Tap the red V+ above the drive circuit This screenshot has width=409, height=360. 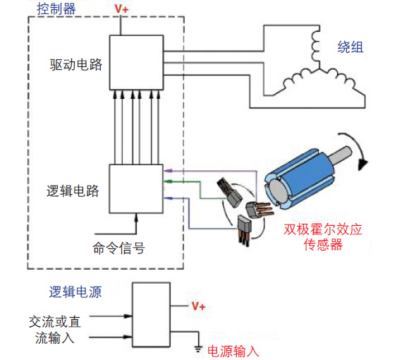click(122, 10)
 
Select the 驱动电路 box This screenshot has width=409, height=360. click(135, 61)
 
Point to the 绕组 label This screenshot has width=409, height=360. click(350, 47)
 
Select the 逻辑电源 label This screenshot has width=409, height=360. click(75, 292)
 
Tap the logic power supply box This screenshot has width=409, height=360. click(152, 314)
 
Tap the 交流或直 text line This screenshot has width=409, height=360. click(55, 321)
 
